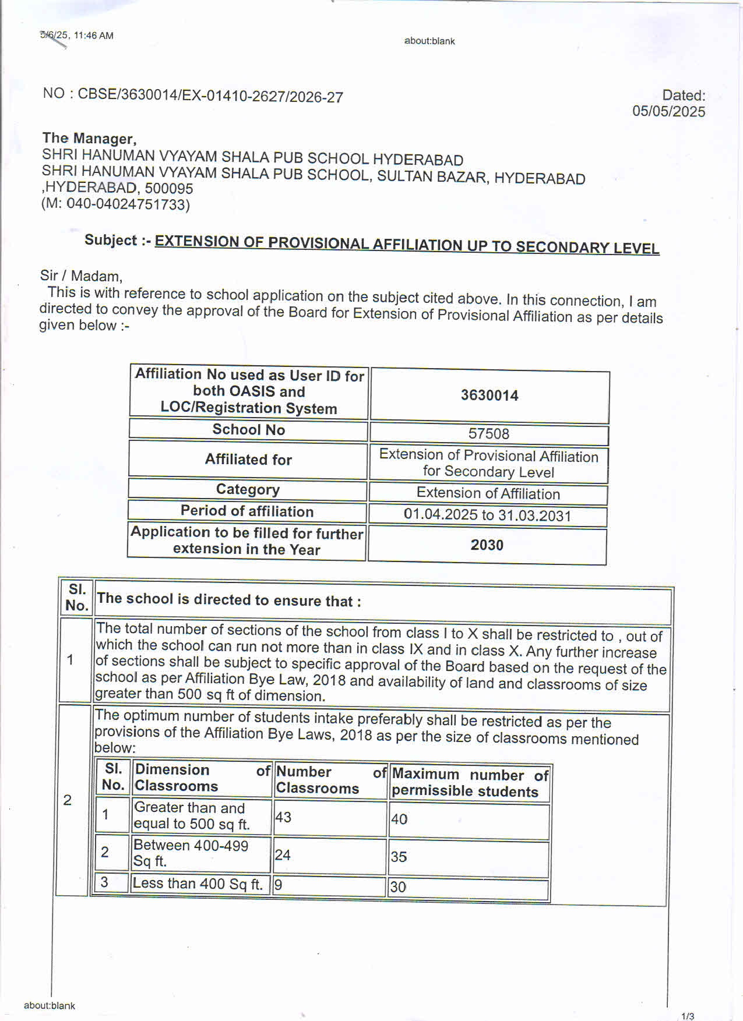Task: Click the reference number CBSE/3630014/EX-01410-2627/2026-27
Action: tap(210, 96)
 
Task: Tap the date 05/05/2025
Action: tap(668, 111)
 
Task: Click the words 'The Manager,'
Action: tap(89, 139)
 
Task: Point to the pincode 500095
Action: tap(168, 188)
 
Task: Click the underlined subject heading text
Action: tap(406, 244)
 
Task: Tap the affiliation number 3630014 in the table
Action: tap(489, 395)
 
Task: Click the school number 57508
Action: tap(488, 434)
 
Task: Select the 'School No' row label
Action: tap(248, 430)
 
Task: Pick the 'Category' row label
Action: tap(248, 489)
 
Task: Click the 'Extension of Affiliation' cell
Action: tap(488, 494)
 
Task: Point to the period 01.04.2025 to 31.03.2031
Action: tap(487, 515)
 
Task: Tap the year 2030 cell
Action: tap(487, 545)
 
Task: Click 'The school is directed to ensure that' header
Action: tap(229, 600)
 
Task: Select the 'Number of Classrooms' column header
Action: tap(330, 780)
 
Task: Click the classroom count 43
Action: tap(283, 817)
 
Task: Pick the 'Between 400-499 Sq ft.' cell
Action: tap(191, 853)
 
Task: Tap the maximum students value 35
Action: tap(399, 857)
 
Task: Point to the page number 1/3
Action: tap(687, 1016)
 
